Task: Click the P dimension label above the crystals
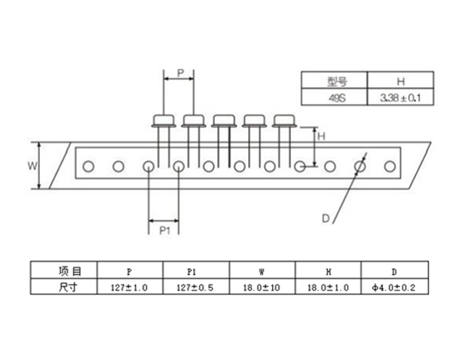(181, 73)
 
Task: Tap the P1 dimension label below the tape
(165, 230)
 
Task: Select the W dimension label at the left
(32, 166)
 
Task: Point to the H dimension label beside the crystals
(322, 137)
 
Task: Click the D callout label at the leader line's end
(326, 218)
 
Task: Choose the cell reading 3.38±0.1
(400, 98)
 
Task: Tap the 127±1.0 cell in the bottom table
(130, 286)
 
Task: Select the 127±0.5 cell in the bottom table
(196, 286)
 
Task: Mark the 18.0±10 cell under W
(262, 286)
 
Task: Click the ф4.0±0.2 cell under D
(394, 286)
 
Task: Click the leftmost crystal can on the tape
(164, 121)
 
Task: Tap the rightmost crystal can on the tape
(284, 121)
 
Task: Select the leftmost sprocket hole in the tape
(88, 166)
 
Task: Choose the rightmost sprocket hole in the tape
(389, 166)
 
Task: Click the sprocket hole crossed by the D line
(360, 166)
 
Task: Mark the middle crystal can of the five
(224, 121)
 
